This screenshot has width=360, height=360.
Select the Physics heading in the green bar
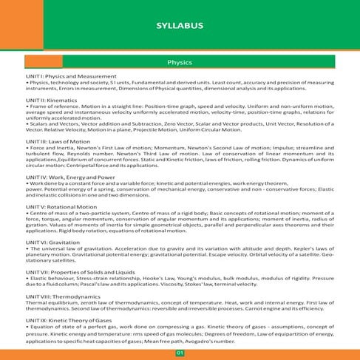tap(180, 63)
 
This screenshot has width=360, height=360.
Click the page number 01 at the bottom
tap(180, 353)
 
